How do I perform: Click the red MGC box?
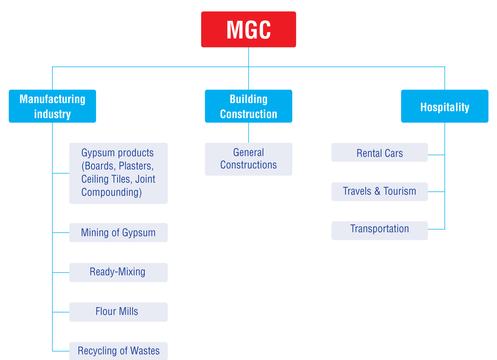coord(248,30)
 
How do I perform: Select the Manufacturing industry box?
coord(52,106)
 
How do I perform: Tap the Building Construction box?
coord(248,106)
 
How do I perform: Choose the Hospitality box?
coord(445,106)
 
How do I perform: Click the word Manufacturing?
coord(52,99)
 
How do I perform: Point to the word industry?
coord(52,114)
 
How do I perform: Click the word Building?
coord(248,99)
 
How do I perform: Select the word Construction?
coord(248,114)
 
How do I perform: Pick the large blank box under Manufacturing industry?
coord(118,173)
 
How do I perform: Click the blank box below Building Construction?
coord(248,159)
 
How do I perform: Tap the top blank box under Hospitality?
coord(380,152)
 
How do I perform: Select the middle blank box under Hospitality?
coord(380,192)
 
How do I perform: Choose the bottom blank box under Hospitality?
coord(380,231)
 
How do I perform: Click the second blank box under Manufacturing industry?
coord(118,233)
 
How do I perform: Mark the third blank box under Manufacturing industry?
coord(118,273)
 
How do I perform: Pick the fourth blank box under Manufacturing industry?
coord(118,312)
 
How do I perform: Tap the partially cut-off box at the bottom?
coord(118,351)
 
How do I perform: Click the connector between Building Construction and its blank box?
coord(248,133)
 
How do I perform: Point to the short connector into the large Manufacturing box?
coord(61,173)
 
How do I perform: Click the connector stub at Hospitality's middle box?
coord(436,192)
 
